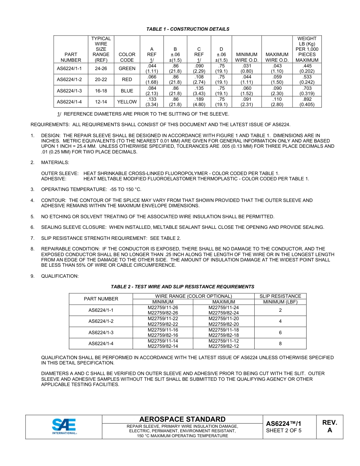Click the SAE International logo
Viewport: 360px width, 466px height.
click(x=64, y=427)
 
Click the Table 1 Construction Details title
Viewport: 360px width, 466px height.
click(x=188, y=29)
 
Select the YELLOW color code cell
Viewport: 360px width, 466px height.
click(x=127, y=102)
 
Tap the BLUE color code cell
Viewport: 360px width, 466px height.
click(x=127, y=91)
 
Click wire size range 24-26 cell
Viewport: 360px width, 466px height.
click(x=101, y=69)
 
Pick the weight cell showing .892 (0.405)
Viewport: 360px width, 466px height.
click(x=307, y=102)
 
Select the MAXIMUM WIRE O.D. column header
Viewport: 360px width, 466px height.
click(x=277, y=57)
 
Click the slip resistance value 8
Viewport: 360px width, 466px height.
click(x=280, y=344)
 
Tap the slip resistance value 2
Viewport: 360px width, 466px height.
click(x=280, y=310)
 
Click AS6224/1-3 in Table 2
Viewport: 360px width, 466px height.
click(x=101, y=332)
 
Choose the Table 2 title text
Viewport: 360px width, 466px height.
click(x=182, y=287)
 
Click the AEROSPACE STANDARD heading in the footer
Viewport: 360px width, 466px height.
click(x=182, y=419)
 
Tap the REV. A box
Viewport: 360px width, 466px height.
click(x=329, y=426)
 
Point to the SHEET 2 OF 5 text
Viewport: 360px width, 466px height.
click(x=283, y=430)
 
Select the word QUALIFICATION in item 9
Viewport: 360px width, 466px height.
click(x=59, y=276)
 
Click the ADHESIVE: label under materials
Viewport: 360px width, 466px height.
click(x=53, y=179)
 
